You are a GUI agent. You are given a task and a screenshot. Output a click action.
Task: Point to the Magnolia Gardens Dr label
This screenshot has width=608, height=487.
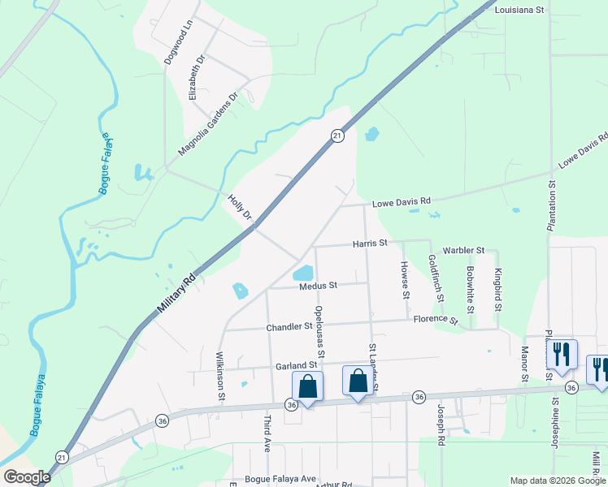[208, 124]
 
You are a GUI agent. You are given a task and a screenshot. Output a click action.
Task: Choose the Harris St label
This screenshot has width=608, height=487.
[370, 243]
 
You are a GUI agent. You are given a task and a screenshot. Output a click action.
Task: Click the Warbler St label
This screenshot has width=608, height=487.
[463, 251]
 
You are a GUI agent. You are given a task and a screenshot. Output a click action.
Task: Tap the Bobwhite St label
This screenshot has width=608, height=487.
[471, 288]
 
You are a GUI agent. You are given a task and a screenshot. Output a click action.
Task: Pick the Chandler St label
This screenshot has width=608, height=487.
[289, 327]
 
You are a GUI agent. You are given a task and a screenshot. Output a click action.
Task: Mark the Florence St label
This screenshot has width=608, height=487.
[435, 319]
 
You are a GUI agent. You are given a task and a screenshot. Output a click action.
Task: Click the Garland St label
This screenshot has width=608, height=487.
[295, 366]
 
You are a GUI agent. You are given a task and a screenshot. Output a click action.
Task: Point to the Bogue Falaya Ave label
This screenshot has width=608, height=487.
[280, 479]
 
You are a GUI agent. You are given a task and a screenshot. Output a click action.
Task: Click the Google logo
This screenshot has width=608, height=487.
[27, 477]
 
